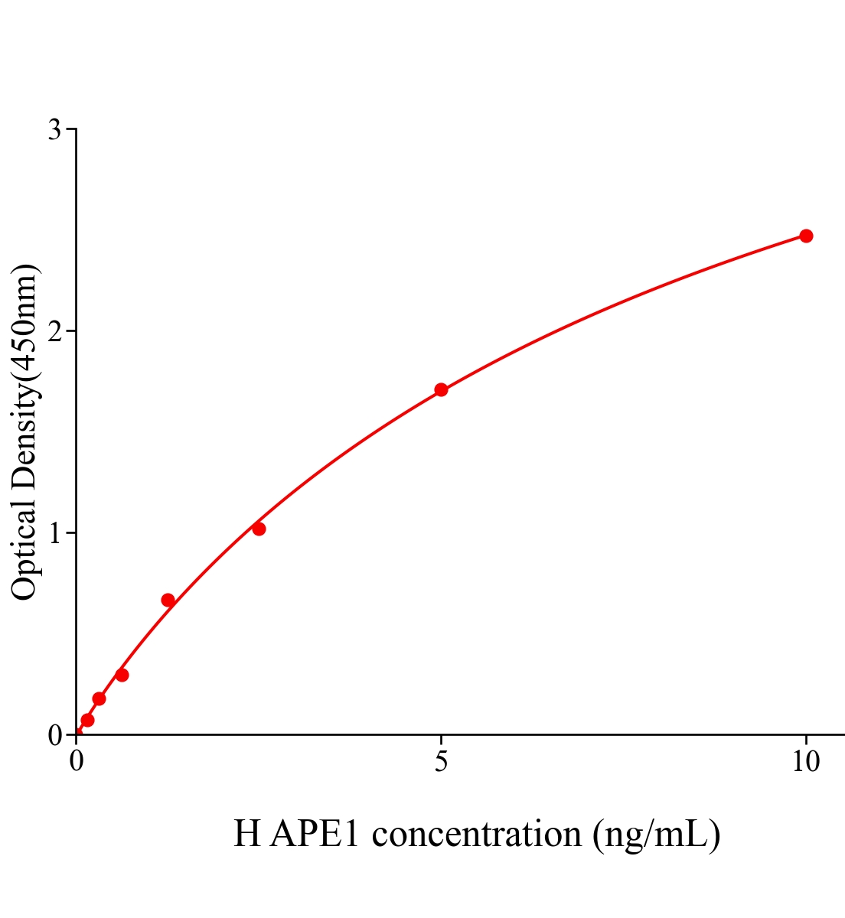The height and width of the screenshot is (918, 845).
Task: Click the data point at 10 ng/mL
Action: [805, 236]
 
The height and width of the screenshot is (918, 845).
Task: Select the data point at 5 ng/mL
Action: [441, 389]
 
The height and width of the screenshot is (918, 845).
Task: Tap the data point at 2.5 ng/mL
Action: [259, 529]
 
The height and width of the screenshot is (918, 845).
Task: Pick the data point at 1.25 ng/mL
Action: [168, 600]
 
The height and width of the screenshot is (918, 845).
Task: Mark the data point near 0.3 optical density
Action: [122, 675]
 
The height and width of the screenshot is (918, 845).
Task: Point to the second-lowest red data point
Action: [99, 698]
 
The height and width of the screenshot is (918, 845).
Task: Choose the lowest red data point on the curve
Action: [87, 720]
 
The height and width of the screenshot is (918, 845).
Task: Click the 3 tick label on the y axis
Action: [54, 130]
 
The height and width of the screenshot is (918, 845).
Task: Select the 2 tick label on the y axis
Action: [54, 331]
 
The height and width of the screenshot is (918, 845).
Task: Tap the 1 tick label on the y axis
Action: [54, 533]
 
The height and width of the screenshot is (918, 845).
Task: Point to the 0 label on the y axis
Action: [54, 735]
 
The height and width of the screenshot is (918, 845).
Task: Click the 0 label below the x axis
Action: [77, 762]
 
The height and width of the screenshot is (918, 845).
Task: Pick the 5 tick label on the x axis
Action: [441, 762]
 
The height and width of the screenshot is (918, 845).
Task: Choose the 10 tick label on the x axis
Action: [805, 762]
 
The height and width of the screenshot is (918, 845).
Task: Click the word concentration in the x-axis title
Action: [477, 833]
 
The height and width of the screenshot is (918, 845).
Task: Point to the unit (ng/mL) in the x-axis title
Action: [656, 833]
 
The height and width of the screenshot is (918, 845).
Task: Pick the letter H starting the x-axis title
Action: [247, 833]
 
